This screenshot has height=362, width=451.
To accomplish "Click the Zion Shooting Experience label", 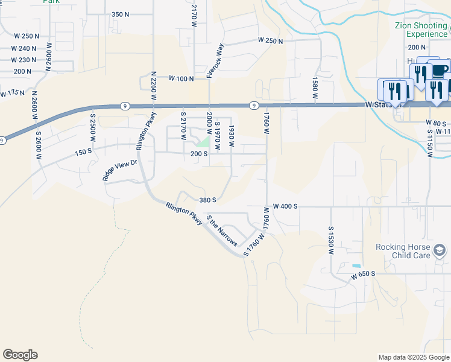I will (421, 30).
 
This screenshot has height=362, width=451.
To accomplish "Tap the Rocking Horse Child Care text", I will (402, 251).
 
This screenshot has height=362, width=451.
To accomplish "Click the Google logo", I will (20, 355).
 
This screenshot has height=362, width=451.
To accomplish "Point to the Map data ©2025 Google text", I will (414, 357).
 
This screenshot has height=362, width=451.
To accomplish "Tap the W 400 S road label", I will (285, 206).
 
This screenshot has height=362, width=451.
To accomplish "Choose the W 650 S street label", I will (364, 274).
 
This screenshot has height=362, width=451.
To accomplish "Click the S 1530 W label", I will (331, 240).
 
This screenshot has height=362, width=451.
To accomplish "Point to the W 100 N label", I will (181, 78).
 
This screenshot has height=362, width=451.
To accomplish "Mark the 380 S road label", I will (207, 200).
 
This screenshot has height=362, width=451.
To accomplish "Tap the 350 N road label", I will (121, 14).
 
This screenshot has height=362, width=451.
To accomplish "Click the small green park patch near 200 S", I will (205, 142).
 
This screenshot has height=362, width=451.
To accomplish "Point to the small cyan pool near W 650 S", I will (356, 266).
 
